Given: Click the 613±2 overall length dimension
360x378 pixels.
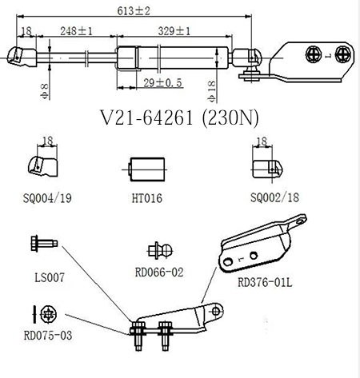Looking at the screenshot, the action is coord(134,11).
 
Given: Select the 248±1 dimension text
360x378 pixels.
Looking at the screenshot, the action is coord(76,31).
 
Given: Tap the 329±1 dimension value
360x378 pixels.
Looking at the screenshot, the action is coord(174,31).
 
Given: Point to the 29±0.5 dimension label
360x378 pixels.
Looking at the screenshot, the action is coord(162,83).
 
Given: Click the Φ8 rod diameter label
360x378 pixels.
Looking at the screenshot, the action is coord(45,92).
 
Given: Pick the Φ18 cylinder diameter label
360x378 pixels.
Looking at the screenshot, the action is coord(211,92).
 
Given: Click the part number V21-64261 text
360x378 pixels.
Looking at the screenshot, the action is coord(146,117).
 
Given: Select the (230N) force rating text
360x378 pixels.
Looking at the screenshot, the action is coord(230,118).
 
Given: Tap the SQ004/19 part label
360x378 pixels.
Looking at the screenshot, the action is coord(47,198).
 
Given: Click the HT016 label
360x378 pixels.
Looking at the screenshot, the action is coord(147,198).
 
